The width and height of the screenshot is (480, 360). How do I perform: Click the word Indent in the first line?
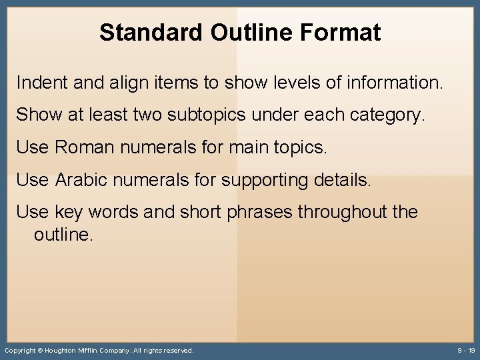(x=38, y=83)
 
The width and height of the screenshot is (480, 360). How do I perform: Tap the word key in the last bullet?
(x=68, y=213)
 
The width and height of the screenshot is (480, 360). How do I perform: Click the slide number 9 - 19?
(x=466, y=351)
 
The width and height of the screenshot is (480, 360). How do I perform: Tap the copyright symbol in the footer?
(x=40, y=351)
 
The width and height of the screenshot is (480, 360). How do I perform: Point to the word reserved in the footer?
(x=178, y=351)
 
